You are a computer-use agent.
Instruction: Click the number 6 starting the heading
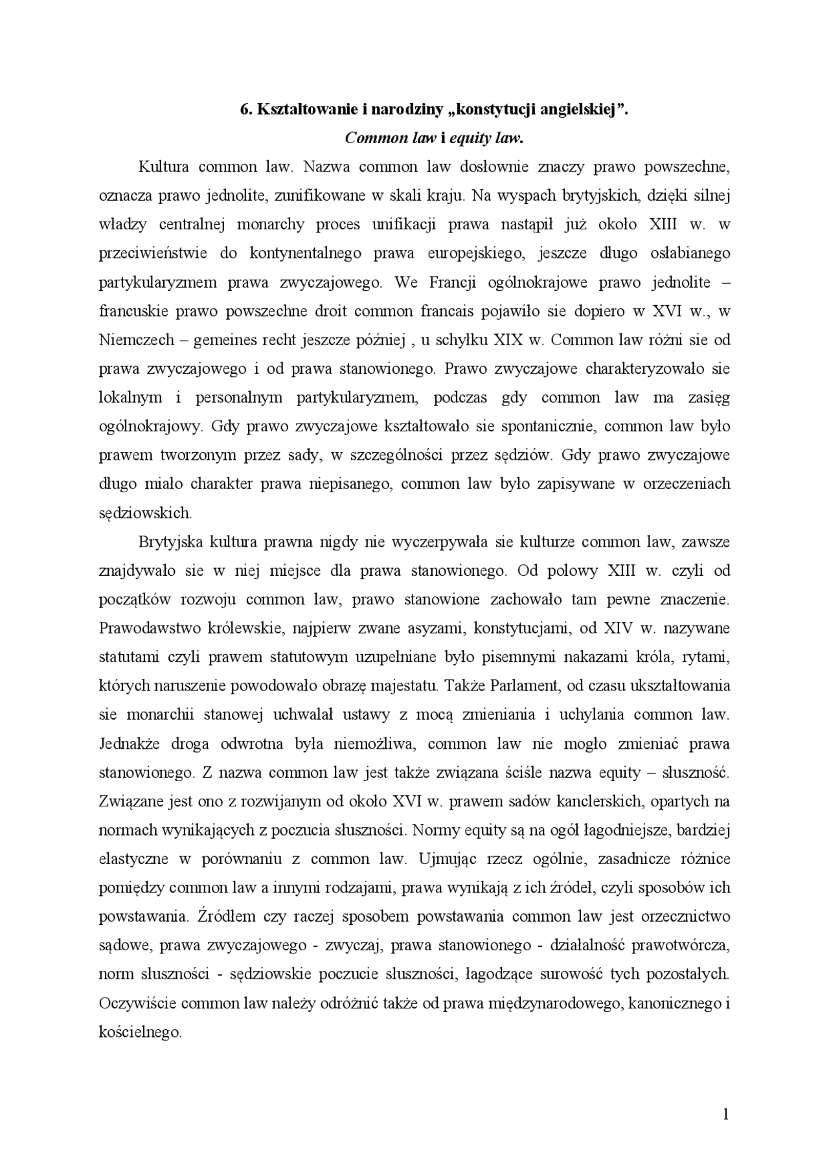(x=244, y=109)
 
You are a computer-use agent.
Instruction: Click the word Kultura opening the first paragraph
(x=164, y=167)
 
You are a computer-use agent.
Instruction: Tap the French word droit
(x=332, y=312)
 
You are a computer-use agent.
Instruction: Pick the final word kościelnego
(x=139, y=1032)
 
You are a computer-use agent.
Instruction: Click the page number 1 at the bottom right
(x=725, y=1115)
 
